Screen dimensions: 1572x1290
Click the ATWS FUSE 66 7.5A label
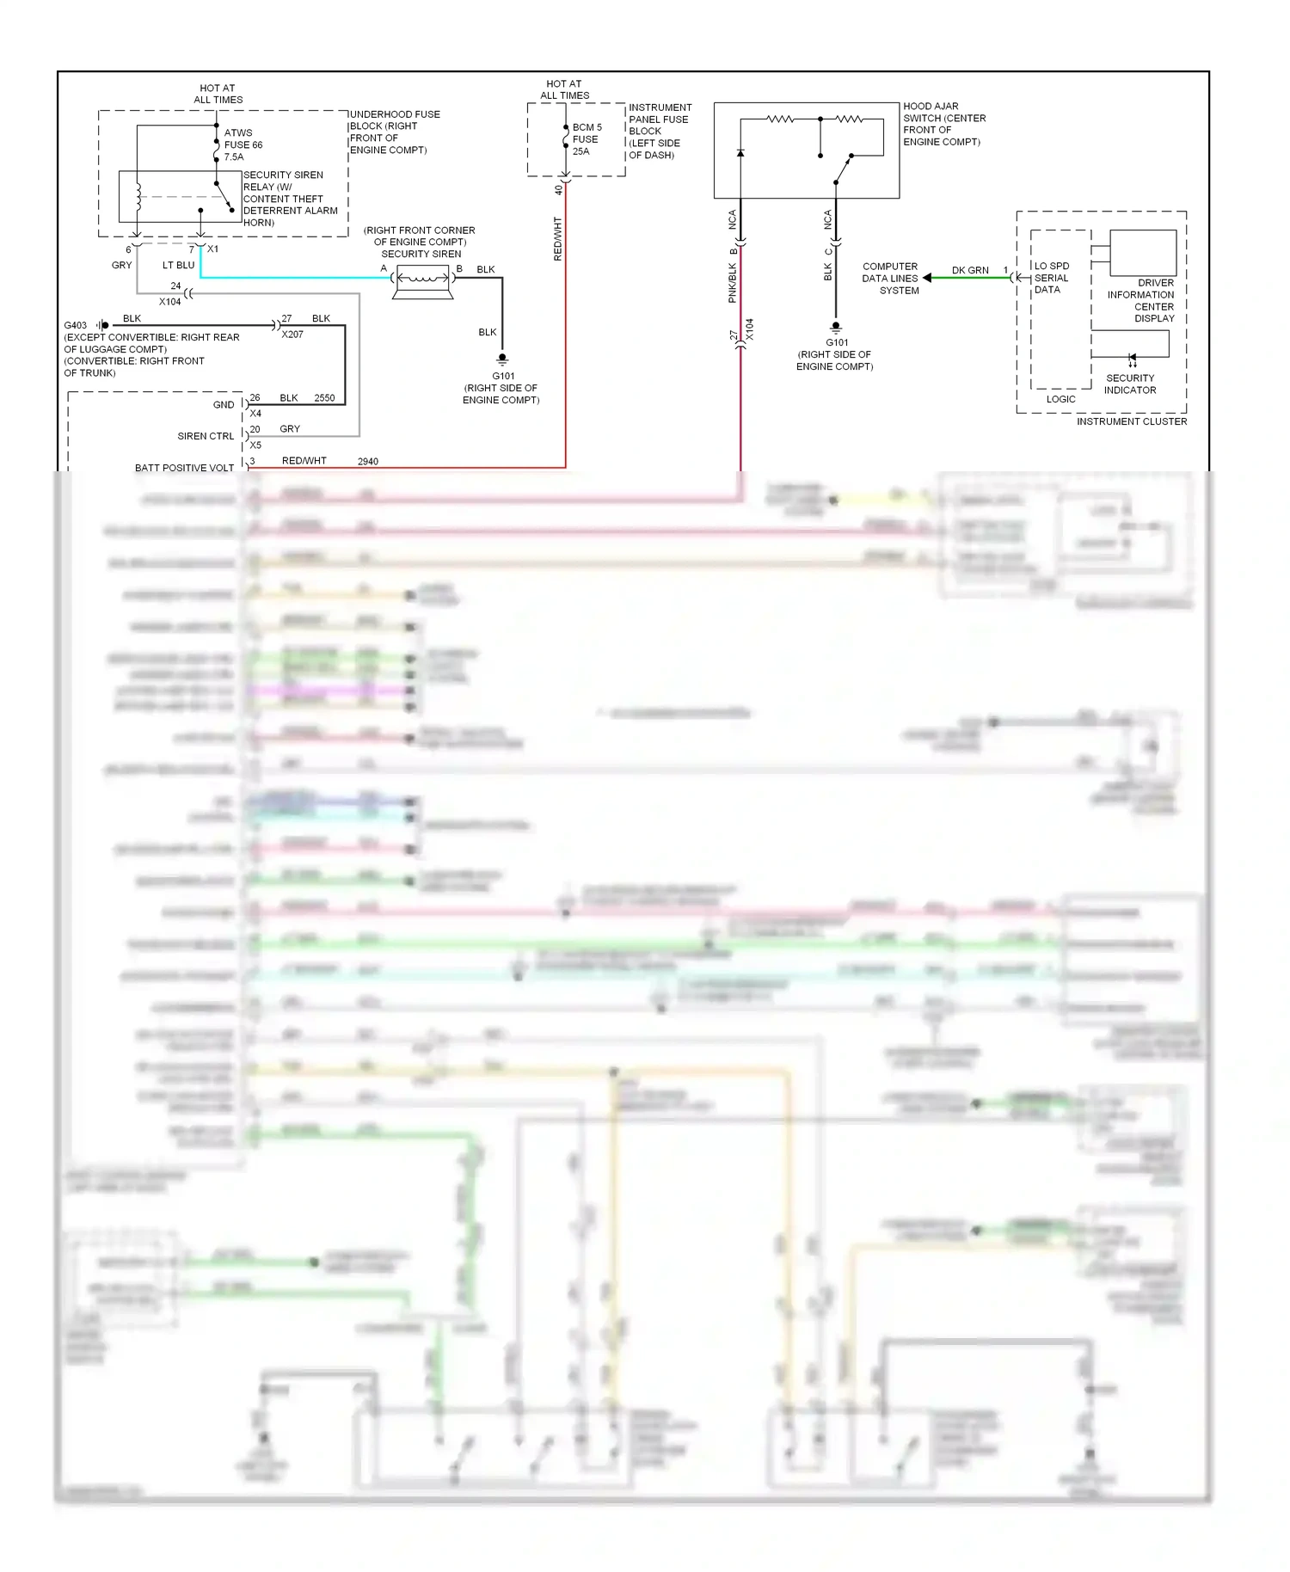pyautogui.click(x=243, y=144)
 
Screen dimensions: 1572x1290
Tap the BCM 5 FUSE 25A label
pyautogui.click(x=587, y=139)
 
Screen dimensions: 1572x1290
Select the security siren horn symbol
pyautogui.click(x=422, y=279)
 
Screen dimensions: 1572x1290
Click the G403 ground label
pyautogui.click(x=75, y=325)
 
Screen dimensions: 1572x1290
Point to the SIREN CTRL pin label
pyautogui.click(x=206, y=436)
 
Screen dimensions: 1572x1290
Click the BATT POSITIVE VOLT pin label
pyautogui.click(x=184, y=468)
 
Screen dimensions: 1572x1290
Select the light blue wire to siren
pyautogui.click(x=292, y=277)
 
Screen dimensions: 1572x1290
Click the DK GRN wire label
pyautogui.click(x=970, y=270)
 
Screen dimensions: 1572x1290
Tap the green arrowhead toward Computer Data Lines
pyautogui.click(x=927, y=278)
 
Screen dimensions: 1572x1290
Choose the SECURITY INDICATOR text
pyautogui.click(x=1130, y=384)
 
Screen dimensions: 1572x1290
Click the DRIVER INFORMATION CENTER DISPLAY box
pyautogui.click(x=1143, y=252)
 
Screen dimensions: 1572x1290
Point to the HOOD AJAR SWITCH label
pyautogui.click(x=943, y=124)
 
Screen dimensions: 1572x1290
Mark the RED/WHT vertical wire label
pyautogui.click(x=557, y=239)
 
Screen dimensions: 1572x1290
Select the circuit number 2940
pyautogui.click(x=368, y=462)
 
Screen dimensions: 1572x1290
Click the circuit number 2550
pyautogui.click(x=324, y=398)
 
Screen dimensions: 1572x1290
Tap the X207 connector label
pyautogui.click(x=292, y=335)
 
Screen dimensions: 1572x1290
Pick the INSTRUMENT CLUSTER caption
pyautogui.click(x=1131, y=421)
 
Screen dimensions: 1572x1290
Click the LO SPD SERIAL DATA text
pyautogui.click(x=1051, y=278)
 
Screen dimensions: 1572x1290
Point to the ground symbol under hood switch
pyautogui.click(x=835, y=328)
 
